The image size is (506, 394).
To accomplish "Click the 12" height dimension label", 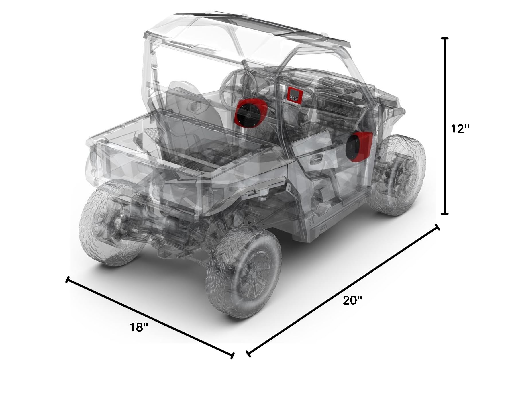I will pos(460,129).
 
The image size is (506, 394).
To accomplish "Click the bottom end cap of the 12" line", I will pos(445,214).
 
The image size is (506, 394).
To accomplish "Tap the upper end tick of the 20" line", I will pos(437,227).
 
